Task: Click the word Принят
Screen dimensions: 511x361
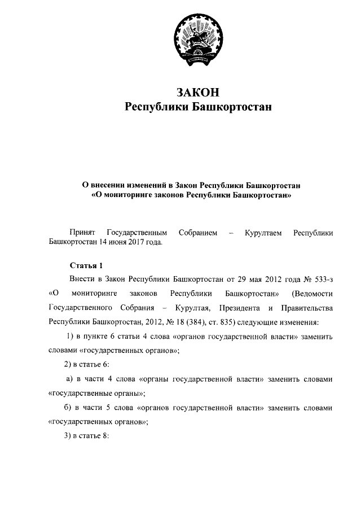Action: pyautogui.click(x=82, y=233)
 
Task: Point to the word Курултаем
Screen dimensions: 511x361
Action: pyautogui.click(x=263, y=233)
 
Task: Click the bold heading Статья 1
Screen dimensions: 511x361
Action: pyautogui.click(x=86, y=264)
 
